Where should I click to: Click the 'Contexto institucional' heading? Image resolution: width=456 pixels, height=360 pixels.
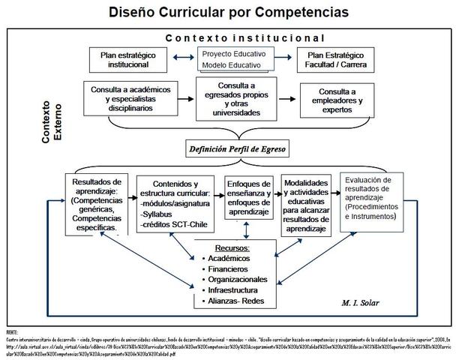click(x=244, y=37)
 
